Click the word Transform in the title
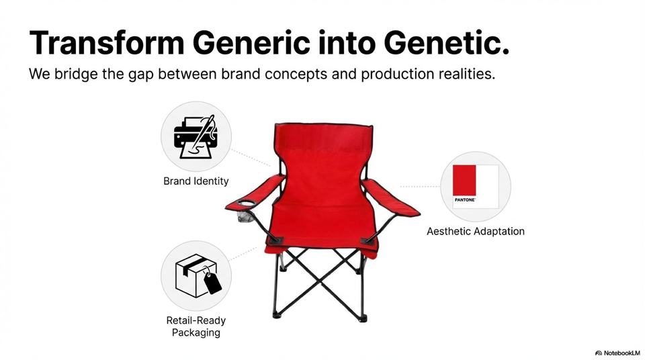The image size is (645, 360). tap(107, 42)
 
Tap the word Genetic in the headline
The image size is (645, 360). tap(446, 42)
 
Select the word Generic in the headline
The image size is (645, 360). tap(251, 42)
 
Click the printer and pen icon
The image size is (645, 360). tap(196, 136)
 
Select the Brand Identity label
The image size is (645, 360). tap(196, 181)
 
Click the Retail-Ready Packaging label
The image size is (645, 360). tap(196, 326)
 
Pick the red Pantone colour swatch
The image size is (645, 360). tap(464, 180)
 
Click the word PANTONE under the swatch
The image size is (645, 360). tap(465, 200)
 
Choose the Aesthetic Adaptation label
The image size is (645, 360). tap(476, 231)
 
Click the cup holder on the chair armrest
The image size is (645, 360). tap(247, 204)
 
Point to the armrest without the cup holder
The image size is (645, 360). tap(391, 198)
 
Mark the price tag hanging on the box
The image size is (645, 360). tap(213, 283)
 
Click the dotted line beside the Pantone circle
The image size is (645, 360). tap(419, 186)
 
